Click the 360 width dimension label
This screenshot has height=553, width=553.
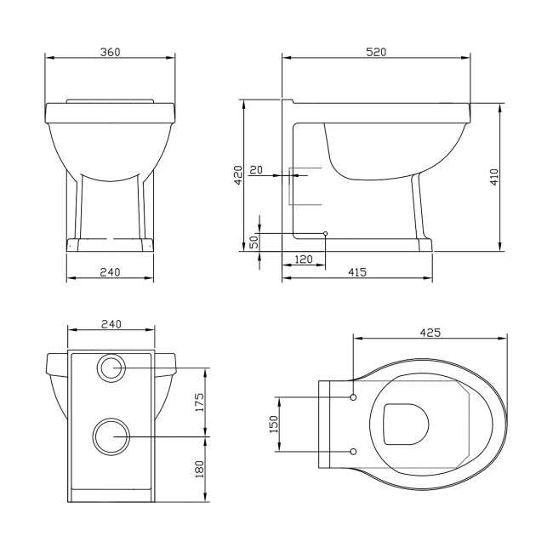coord(109,52)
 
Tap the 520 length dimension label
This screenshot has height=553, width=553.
coord(376,52)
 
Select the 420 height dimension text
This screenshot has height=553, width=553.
coord(238,174)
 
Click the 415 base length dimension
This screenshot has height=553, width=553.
coord(356,271)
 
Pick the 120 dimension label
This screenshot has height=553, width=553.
coord(303,259)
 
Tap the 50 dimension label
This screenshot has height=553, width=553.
coord(253,242)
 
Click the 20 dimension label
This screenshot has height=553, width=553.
coord(256,169)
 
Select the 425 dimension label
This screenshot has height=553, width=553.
coord(430,333)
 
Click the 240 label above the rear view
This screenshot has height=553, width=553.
coord(111,323)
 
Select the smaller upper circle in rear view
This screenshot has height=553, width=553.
coord(111,368)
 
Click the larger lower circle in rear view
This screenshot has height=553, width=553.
coord(110,436)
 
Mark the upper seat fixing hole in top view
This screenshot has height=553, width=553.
coord(353,396)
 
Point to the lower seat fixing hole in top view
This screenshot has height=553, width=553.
coord(353,450)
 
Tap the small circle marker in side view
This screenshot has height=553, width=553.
coord(325,233)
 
